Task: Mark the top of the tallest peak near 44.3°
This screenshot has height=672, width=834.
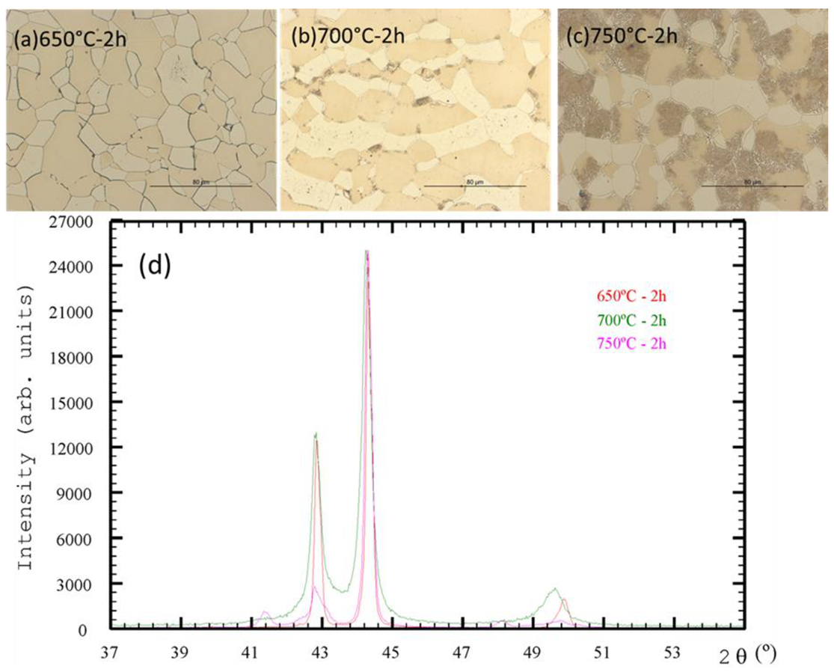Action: pyautogui.click(x=367, y=251)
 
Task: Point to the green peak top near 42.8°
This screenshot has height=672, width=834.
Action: pyautogui.click(x=316, y=433)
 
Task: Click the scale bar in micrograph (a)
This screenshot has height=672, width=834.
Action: pyautogui.click(x=200, y=185)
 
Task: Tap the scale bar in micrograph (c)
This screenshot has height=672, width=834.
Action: pyautogui.click(x=754, y=185)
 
